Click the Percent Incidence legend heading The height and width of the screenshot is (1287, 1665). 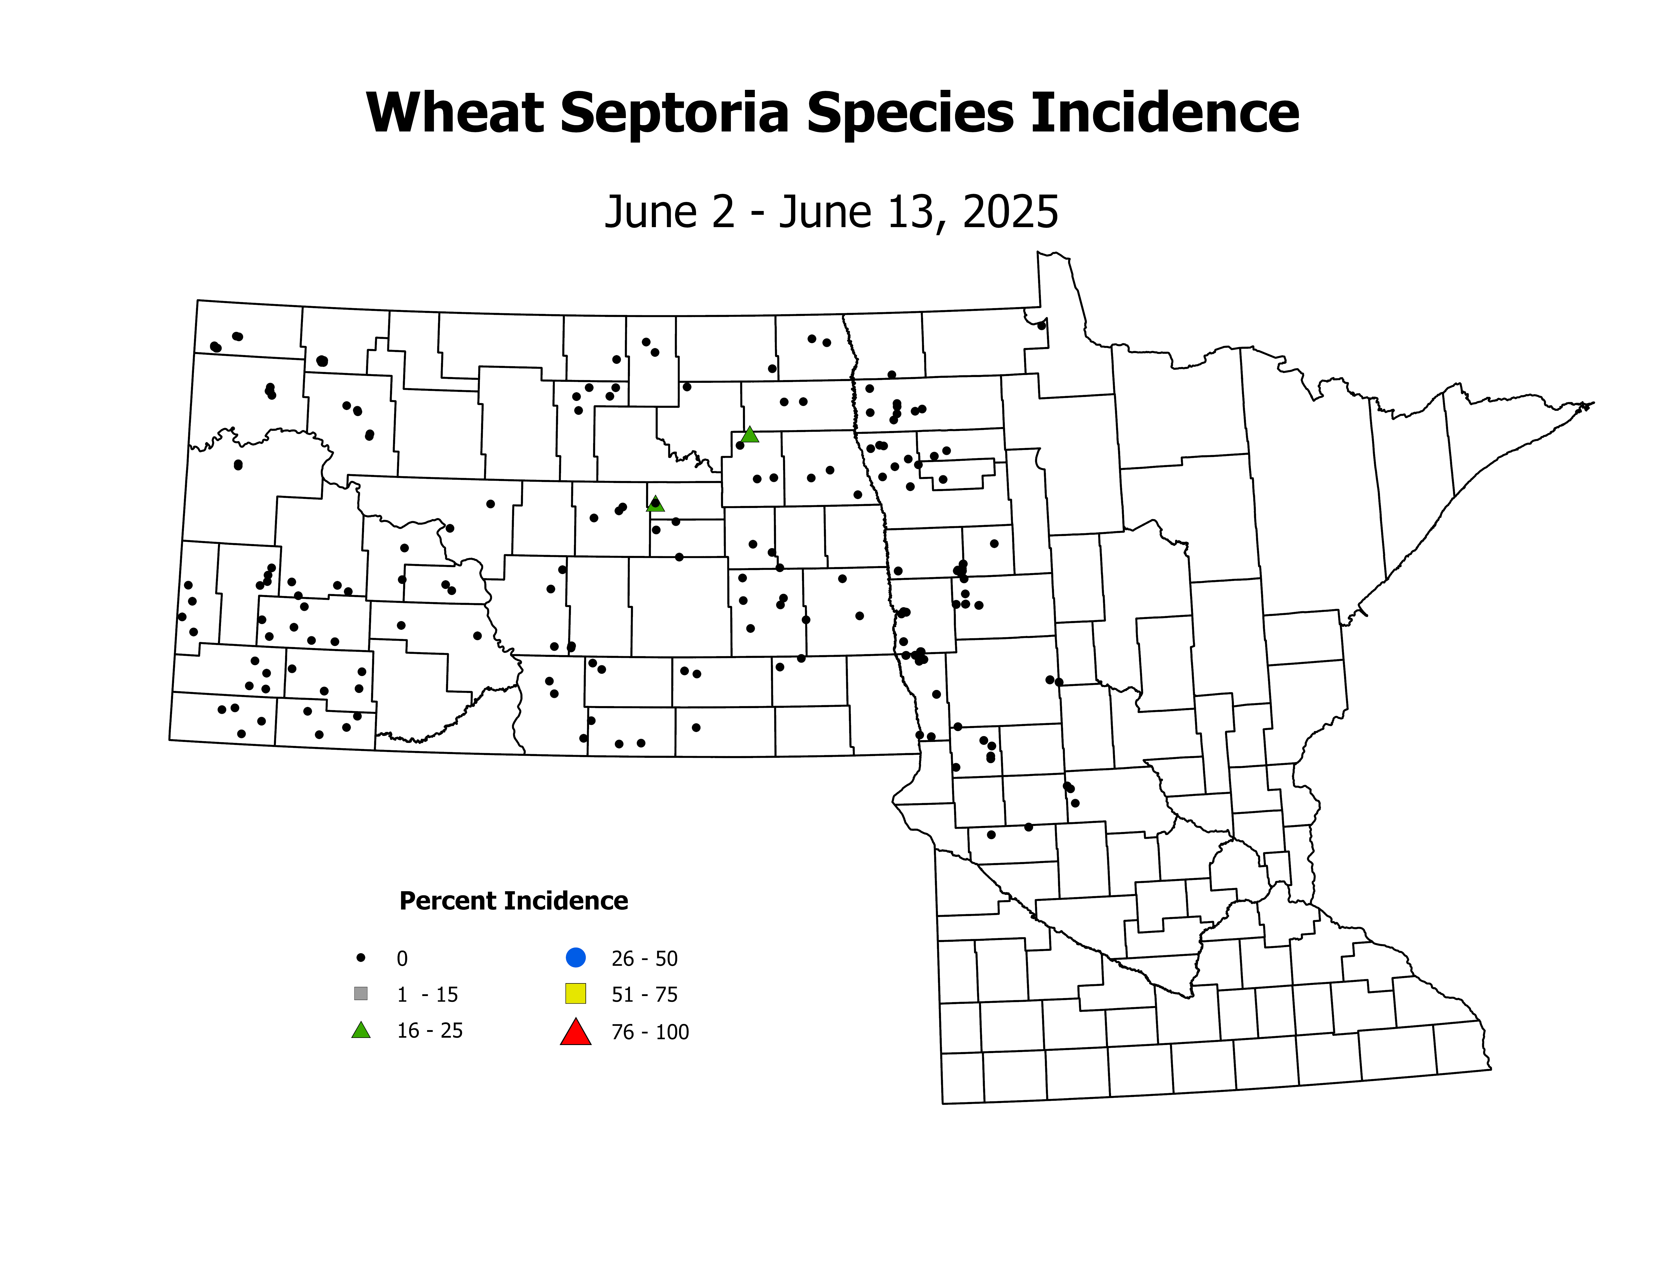[513, 901]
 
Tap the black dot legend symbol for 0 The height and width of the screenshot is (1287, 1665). [361, 958]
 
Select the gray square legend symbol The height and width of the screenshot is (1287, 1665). [361, 994]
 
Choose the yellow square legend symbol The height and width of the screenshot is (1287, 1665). [576, 994]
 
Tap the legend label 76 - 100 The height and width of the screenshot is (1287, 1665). [650, 1032]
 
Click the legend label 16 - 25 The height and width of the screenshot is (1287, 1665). [429, 1031]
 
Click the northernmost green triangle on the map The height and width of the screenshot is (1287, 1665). [750, 435]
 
